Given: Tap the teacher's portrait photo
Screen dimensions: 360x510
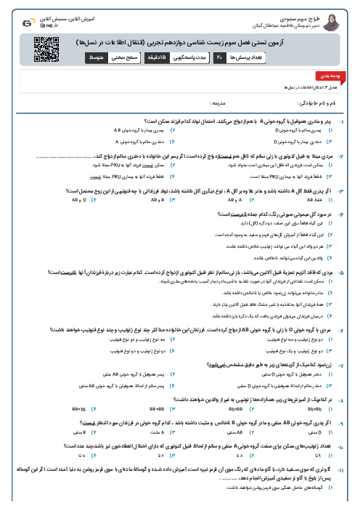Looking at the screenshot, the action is pyautogui.click(x=337, y=18).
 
